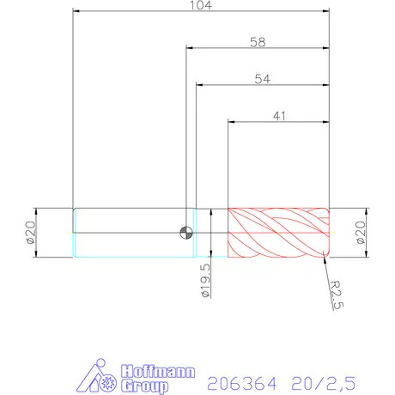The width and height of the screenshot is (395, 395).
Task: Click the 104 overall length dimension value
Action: click(203, 5)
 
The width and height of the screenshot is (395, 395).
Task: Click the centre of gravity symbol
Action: click(185, 232)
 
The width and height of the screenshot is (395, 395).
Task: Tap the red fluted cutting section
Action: click(278, 232)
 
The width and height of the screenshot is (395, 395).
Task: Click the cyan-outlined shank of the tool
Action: click(129, 232)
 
